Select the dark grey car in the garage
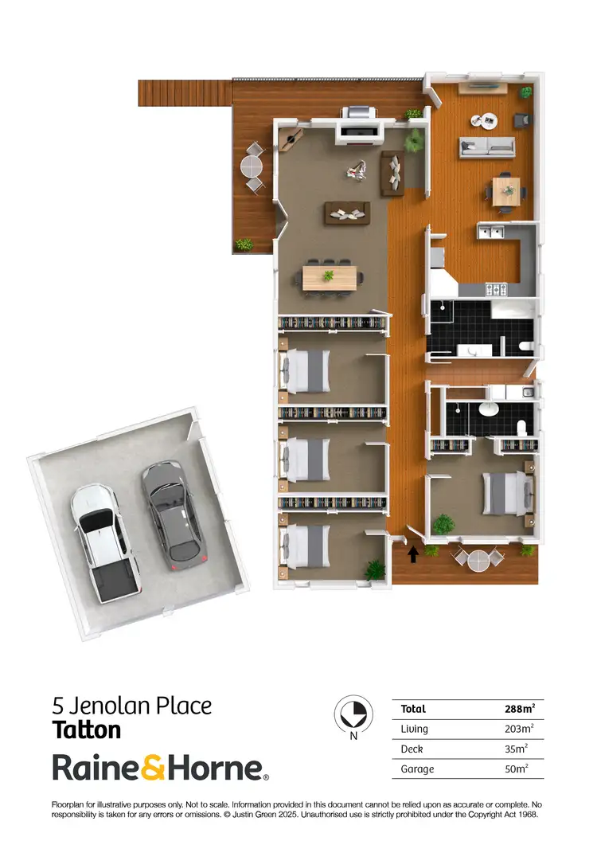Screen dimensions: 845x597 tap(174, 516)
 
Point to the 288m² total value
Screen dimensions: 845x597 tap(519, 708)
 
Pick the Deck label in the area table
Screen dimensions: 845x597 tap(412, 749)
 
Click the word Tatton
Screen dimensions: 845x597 tap(87, 730)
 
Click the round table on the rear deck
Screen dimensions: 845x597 tap(252, 167)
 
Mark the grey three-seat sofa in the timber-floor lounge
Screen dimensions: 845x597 tap(486, 147)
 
